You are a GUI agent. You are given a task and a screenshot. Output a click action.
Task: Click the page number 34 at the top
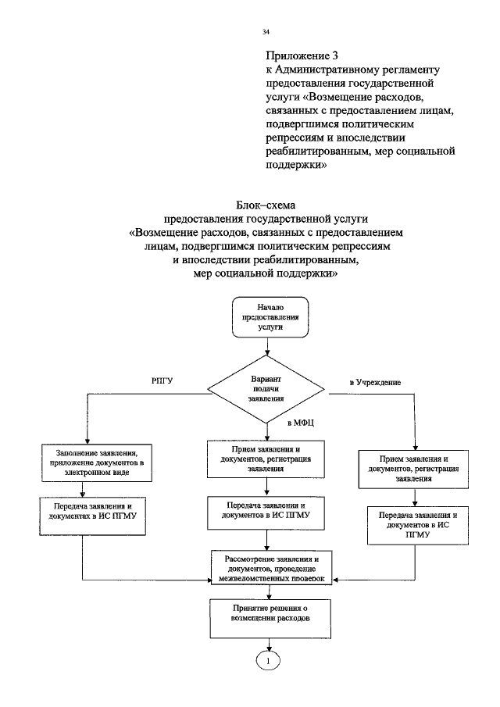pyautogui.click(x=266, y=32)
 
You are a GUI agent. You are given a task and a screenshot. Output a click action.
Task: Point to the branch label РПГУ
pyautogui.click(x=162, y=380)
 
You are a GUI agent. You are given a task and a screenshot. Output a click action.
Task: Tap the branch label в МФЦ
pyautogui.click(x=301, y=423)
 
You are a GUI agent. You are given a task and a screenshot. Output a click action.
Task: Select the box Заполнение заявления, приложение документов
pyautogui.click(x=97, y=462)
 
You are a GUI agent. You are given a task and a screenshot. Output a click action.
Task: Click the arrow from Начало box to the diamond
pyautogui.click(x=266, y=349)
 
